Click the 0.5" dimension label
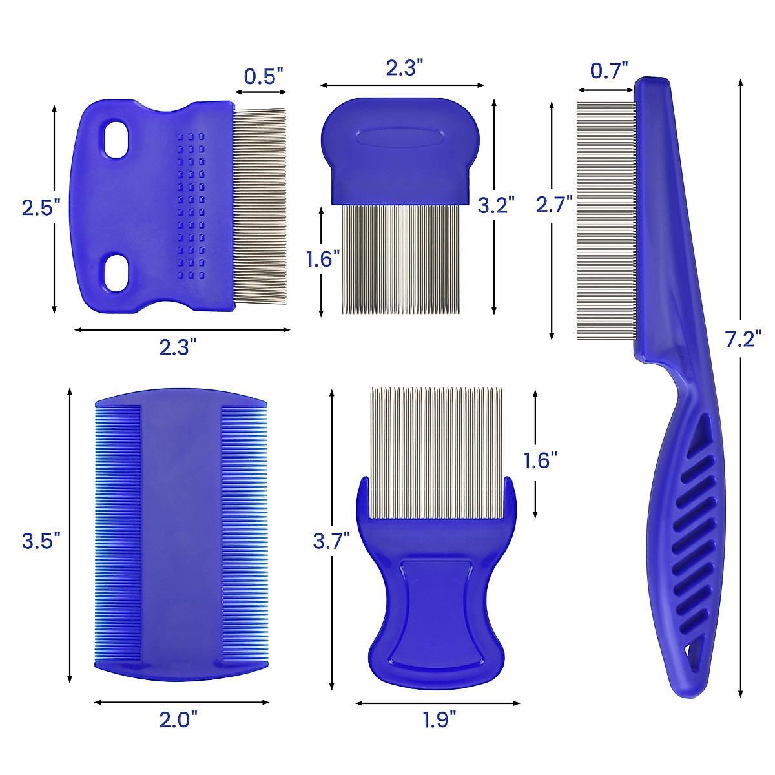[x=264, y=76]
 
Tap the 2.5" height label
[x=41, y=208]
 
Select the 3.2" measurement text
[x=496, y=205]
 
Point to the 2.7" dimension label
[x=554, y=204]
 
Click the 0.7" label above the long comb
[x=609, y=71]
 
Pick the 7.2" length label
[x=743, y=338]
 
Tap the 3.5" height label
[x=41, y=540]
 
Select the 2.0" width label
[x=178, y=719]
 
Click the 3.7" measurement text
[x=331, y=541]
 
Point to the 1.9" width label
[x=439, y=719]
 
